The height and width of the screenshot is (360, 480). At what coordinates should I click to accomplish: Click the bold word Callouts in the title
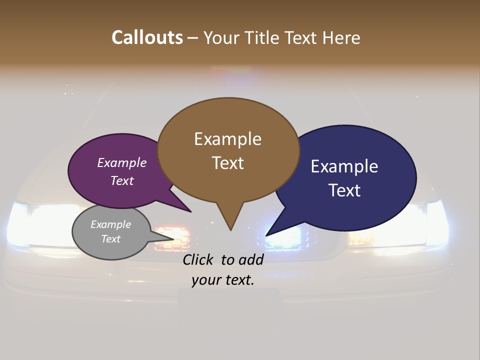pos(147,37)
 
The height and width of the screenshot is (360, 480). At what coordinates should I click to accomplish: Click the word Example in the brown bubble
pos(227,139)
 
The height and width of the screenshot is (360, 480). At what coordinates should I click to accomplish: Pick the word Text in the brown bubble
pos(227,163)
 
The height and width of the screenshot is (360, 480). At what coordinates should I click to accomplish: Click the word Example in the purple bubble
pos(122,162)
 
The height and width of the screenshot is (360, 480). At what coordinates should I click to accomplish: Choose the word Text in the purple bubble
pos(122,180)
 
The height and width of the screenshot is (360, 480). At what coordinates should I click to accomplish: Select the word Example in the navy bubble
pos(344,166)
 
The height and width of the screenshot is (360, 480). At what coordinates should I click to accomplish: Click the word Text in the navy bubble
pos(344,190)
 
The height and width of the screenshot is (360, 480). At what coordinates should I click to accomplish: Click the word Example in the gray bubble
pos(111,224)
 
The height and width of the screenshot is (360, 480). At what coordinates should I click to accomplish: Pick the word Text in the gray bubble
pos(111,239)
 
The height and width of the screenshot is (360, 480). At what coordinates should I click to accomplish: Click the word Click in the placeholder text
pos(200,259)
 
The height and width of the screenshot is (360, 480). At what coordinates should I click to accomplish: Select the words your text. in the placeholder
pos(223,280)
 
